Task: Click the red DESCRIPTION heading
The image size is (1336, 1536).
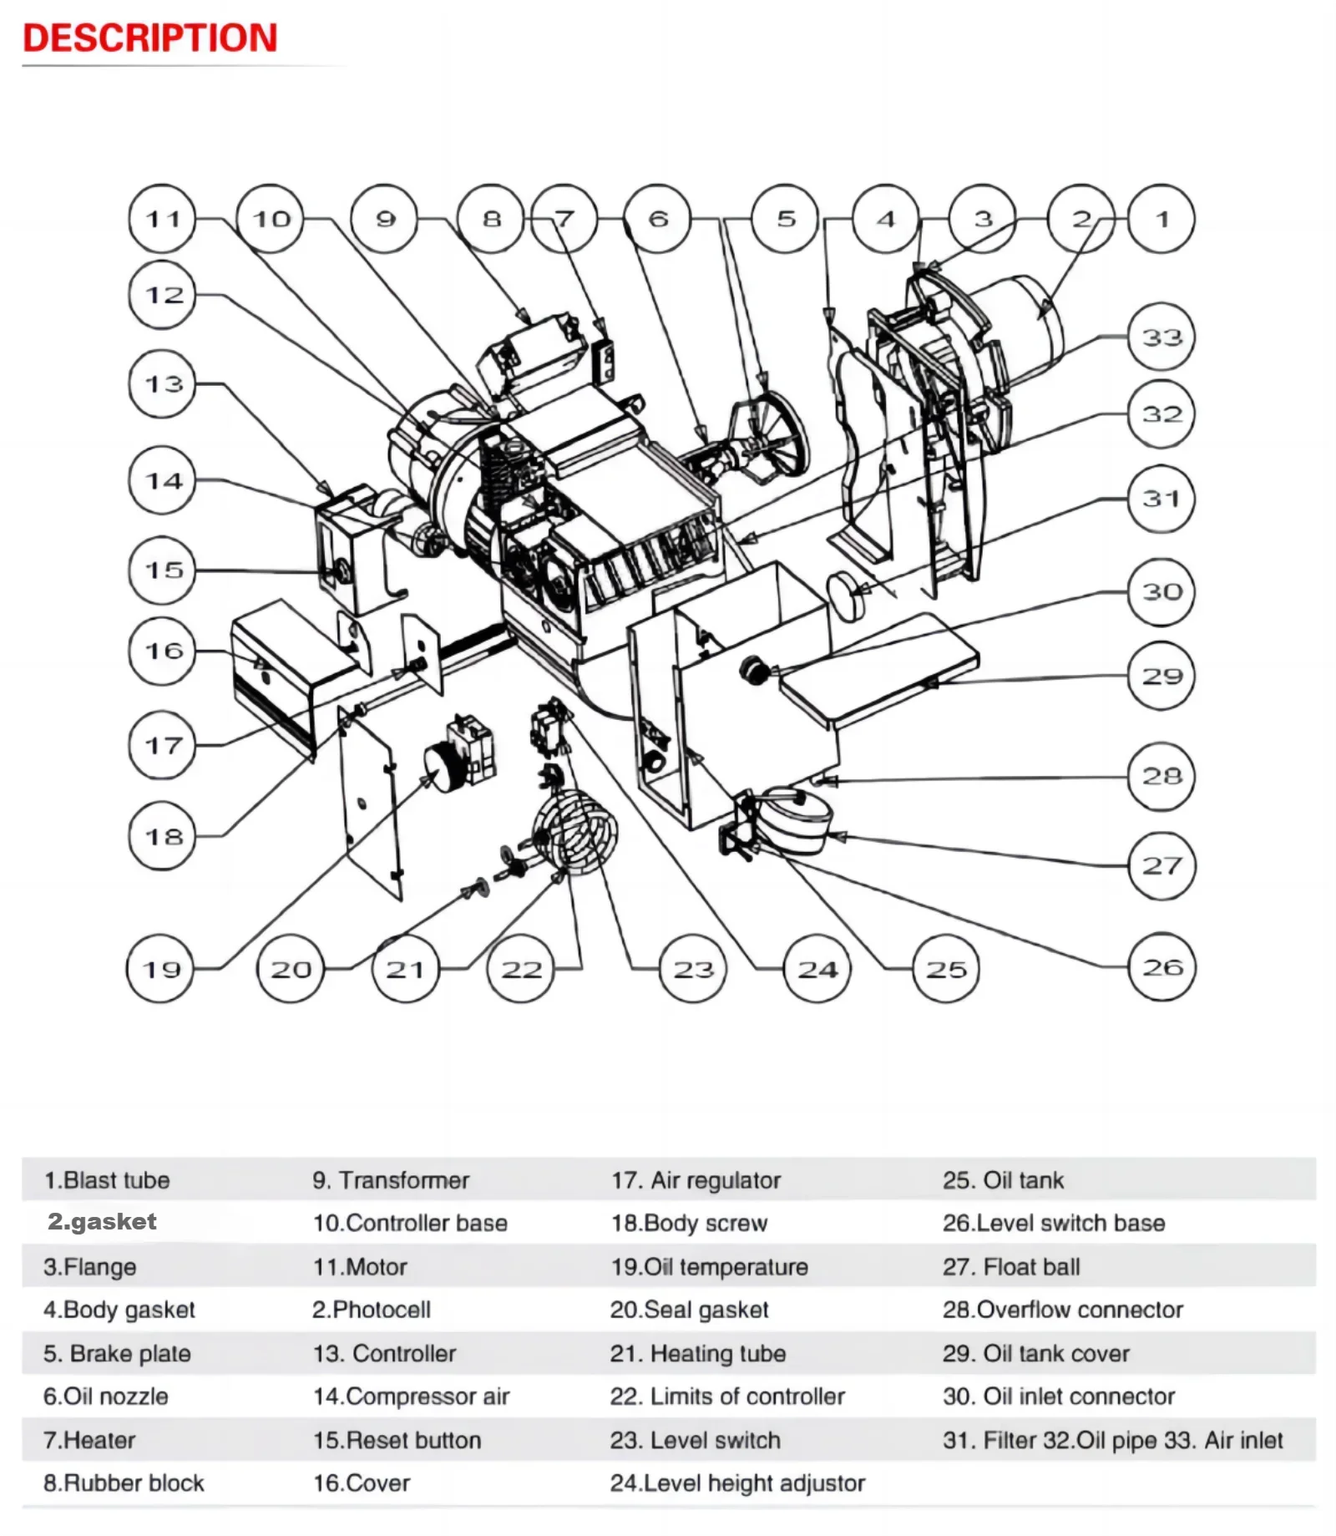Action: (150, 38)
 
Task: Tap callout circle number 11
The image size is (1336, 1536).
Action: (162, 219)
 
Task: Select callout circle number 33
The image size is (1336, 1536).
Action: (1161, 337)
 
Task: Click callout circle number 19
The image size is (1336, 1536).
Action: (160, 969)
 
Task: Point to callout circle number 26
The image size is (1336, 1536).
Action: (1162, 967)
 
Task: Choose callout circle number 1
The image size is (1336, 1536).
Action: (1161, 219)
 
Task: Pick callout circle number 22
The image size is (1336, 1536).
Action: (520, 969)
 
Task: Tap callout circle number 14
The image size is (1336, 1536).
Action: (162, 480)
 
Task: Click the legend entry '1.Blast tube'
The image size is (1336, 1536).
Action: (107, 1180)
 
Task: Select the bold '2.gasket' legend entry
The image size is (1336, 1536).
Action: (102, 1222)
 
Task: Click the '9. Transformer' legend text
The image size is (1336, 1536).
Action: (391, 1180)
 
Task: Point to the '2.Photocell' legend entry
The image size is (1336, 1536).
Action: (372, 1310)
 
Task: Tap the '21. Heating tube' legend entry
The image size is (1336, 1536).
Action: (697, 1353)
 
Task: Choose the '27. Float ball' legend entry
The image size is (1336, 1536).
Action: (1011, 1267)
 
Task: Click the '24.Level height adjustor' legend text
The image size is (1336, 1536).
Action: (737, 1483)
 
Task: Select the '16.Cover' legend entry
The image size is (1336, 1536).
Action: (362, 1483)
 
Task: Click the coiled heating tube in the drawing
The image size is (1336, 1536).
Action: (576, 830)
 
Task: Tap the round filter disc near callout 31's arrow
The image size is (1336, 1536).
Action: (847, 594)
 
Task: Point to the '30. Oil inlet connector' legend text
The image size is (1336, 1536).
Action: (1058, 1397)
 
